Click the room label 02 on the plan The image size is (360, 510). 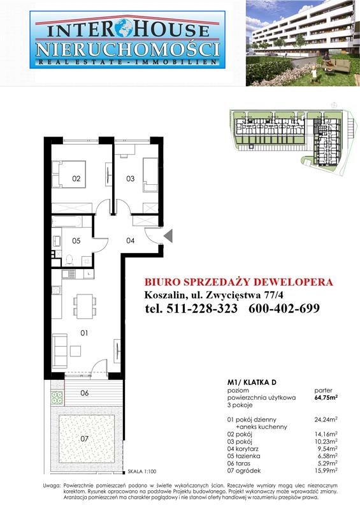point(76,178)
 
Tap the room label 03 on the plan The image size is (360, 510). point(130,178)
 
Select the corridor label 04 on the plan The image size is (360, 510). point(130,240)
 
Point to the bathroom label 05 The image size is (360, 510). point(76,240)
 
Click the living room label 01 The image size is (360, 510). point(83,333)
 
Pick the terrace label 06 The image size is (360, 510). point(84,393)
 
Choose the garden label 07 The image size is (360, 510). point(84,439)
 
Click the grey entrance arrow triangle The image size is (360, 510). point(168,236)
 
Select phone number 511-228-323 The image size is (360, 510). point(192,309)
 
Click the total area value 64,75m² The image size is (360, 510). point(326,397)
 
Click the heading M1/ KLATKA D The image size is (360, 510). point(252,381)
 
